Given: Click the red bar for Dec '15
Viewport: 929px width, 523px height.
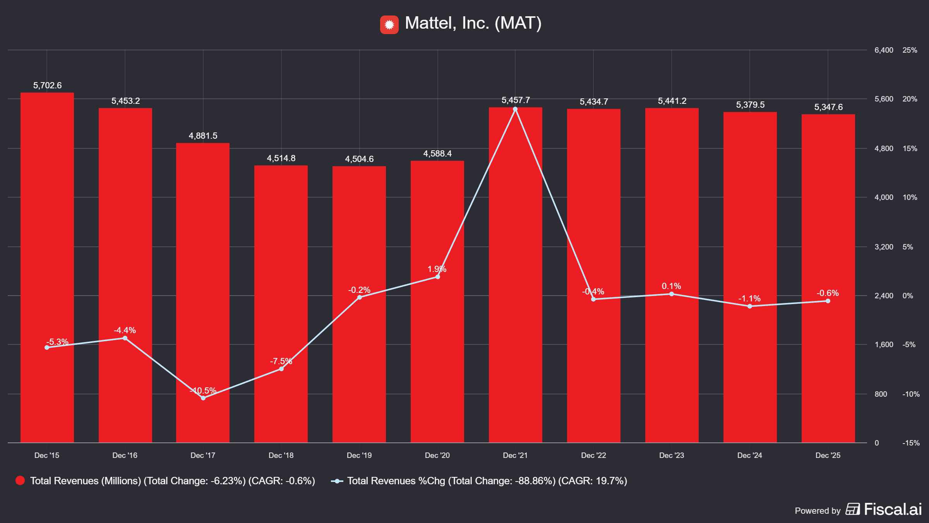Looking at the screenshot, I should point(47,267).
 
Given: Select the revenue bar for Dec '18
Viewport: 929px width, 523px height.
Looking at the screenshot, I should point(281,304).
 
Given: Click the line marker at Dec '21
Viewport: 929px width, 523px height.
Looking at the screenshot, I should point(515,109).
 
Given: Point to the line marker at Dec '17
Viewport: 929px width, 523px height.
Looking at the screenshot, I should point(203,398).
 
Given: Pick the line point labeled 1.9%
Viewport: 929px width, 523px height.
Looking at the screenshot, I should point(438,277).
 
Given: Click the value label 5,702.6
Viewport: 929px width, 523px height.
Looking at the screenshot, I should point(47,85).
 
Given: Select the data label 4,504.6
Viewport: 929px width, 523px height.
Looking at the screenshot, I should point(359,159).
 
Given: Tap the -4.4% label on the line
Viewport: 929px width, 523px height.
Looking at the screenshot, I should point(125,330).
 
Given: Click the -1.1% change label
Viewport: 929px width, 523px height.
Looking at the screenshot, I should point(749,298).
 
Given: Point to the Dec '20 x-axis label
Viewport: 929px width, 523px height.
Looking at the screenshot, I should point(437,455).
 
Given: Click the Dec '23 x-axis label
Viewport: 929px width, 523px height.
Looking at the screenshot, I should point(672,455).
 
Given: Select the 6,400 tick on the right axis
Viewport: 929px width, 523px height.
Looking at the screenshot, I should point(884,50).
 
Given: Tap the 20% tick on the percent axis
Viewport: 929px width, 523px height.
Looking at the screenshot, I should point(910,99).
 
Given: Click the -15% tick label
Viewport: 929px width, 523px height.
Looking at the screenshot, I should point(911,443).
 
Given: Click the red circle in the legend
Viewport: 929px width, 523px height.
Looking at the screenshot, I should point(20,480).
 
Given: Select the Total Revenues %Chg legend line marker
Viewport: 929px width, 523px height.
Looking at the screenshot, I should point(337,481).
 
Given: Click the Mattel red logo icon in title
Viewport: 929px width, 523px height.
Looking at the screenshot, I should point(389,24).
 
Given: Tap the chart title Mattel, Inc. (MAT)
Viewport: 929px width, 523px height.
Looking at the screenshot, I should point(473,23).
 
